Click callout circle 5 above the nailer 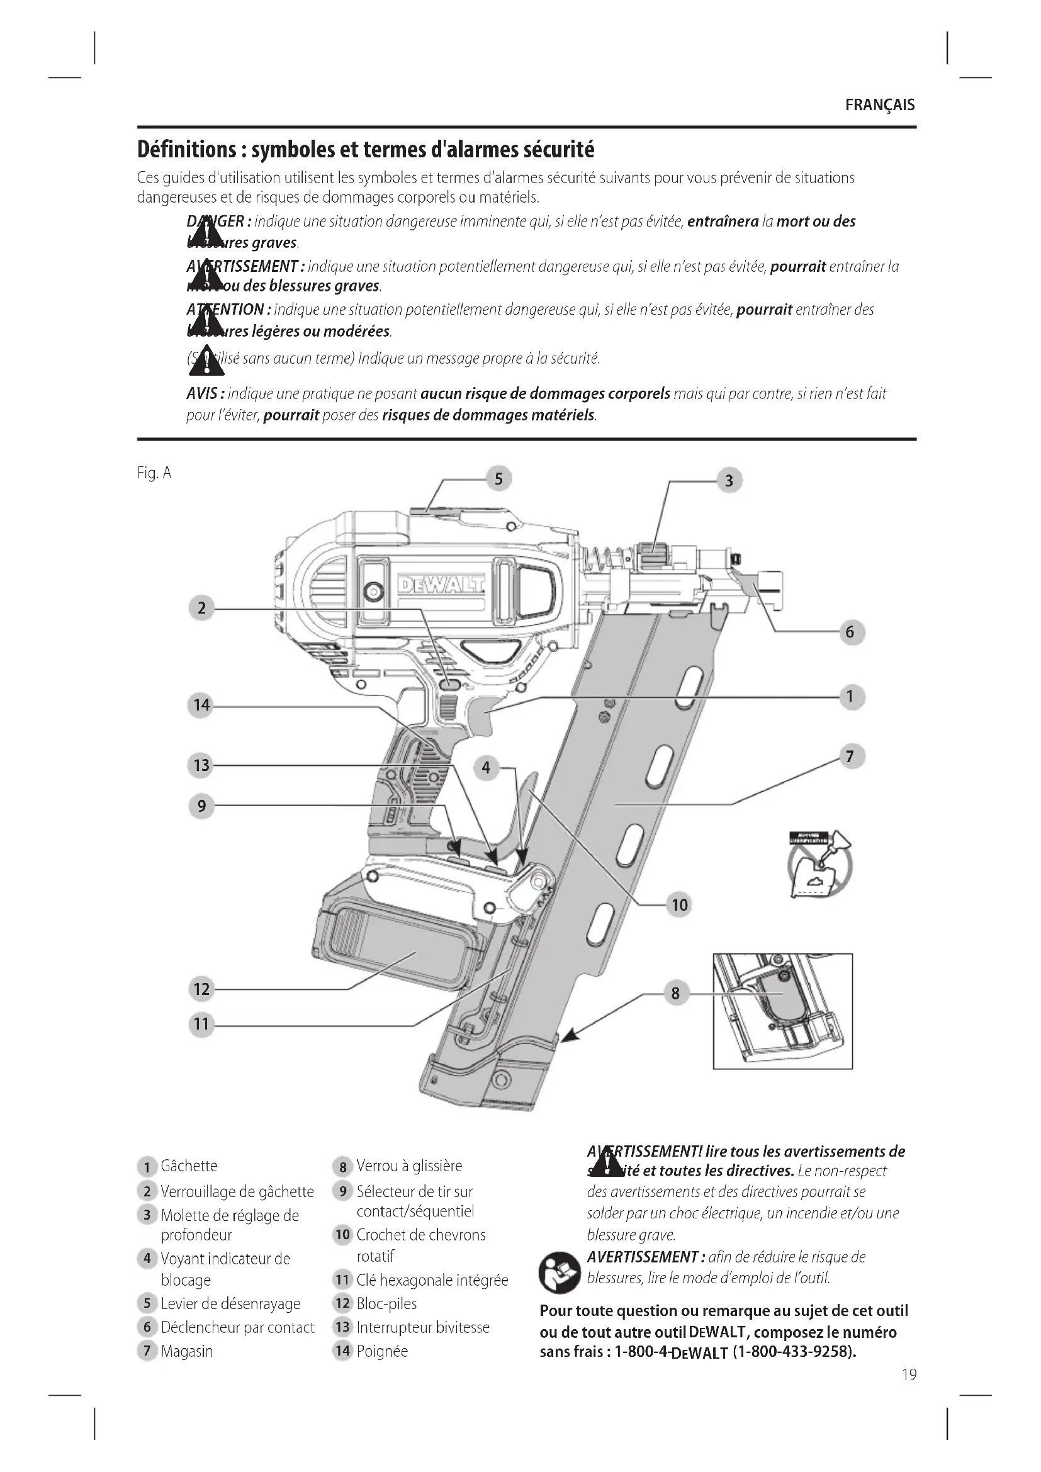498,479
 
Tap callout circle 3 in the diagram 729,481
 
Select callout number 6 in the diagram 850,632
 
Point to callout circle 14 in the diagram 201,705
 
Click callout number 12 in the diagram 201,989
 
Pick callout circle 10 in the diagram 680,905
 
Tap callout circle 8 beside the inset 675,993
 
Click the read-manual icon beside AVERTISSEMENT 559,1272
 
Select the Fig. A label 154,473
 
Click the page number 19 909,1374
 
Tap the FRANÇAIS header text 879,105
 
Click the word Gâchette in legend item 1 189,1166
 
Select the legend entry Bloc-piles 386,1303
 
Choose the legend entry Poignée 382,1351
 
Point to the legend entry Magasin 186,1351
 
